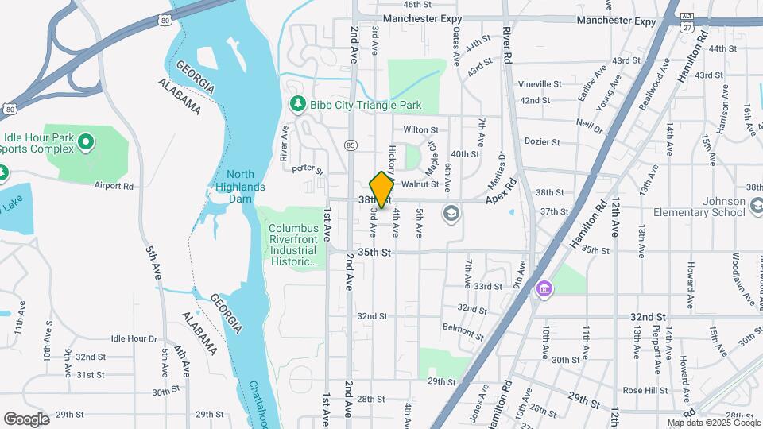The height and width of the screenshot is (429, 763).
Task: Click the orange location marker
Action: pyautogui.click(x=382, y=190)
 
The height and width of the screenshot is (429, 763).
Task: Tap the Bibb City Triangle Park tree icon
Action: pyautogui.click(x=297, y=104)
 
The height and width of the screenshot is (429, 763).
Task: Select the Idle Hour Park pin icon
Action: pyautogui.click(x=87, y=143)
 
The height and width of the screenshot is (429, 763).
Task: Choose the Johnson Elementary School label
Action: pyautogui.click(x=699, y=206)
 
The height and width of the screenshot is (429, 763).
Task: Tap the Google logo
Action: pyautogui.click(x=26, y=419)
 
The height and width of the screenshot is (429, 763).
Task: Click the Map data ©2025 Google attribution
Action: pyautogui.click(x=713, y=423)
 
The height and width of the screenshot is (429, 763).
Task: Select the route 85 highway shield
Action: pyautogui.click(x=350, y=145)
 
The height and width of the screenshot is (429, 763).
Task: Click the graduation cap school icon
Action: pyautogui.click(x=451, y=214)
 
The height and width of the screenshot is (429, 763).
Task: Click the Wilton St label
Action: pyautogui.click(x=420, y=129)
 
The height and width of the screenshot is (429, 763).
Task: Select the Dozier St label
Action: pyautogui.click(x=542, y=142)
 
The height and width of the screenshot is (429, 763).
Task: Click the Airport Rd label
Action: pyautogui.click(x=114, y=186)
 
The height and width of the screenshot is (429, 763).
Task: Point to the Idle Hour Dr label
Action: pyautogui.click(x=134, y=338)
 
